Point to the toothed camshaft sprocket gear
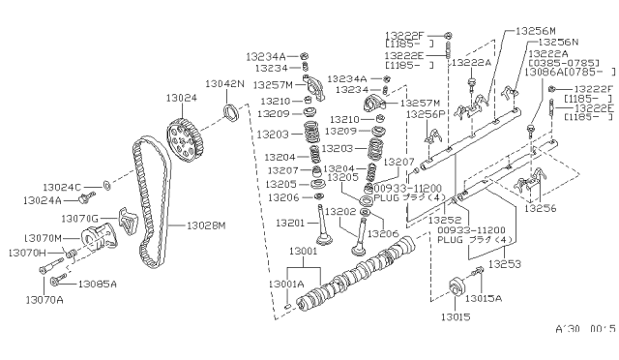click(185, 139)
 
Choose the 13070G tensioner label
click(85, 220)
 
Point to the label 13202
click(339, 211)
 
